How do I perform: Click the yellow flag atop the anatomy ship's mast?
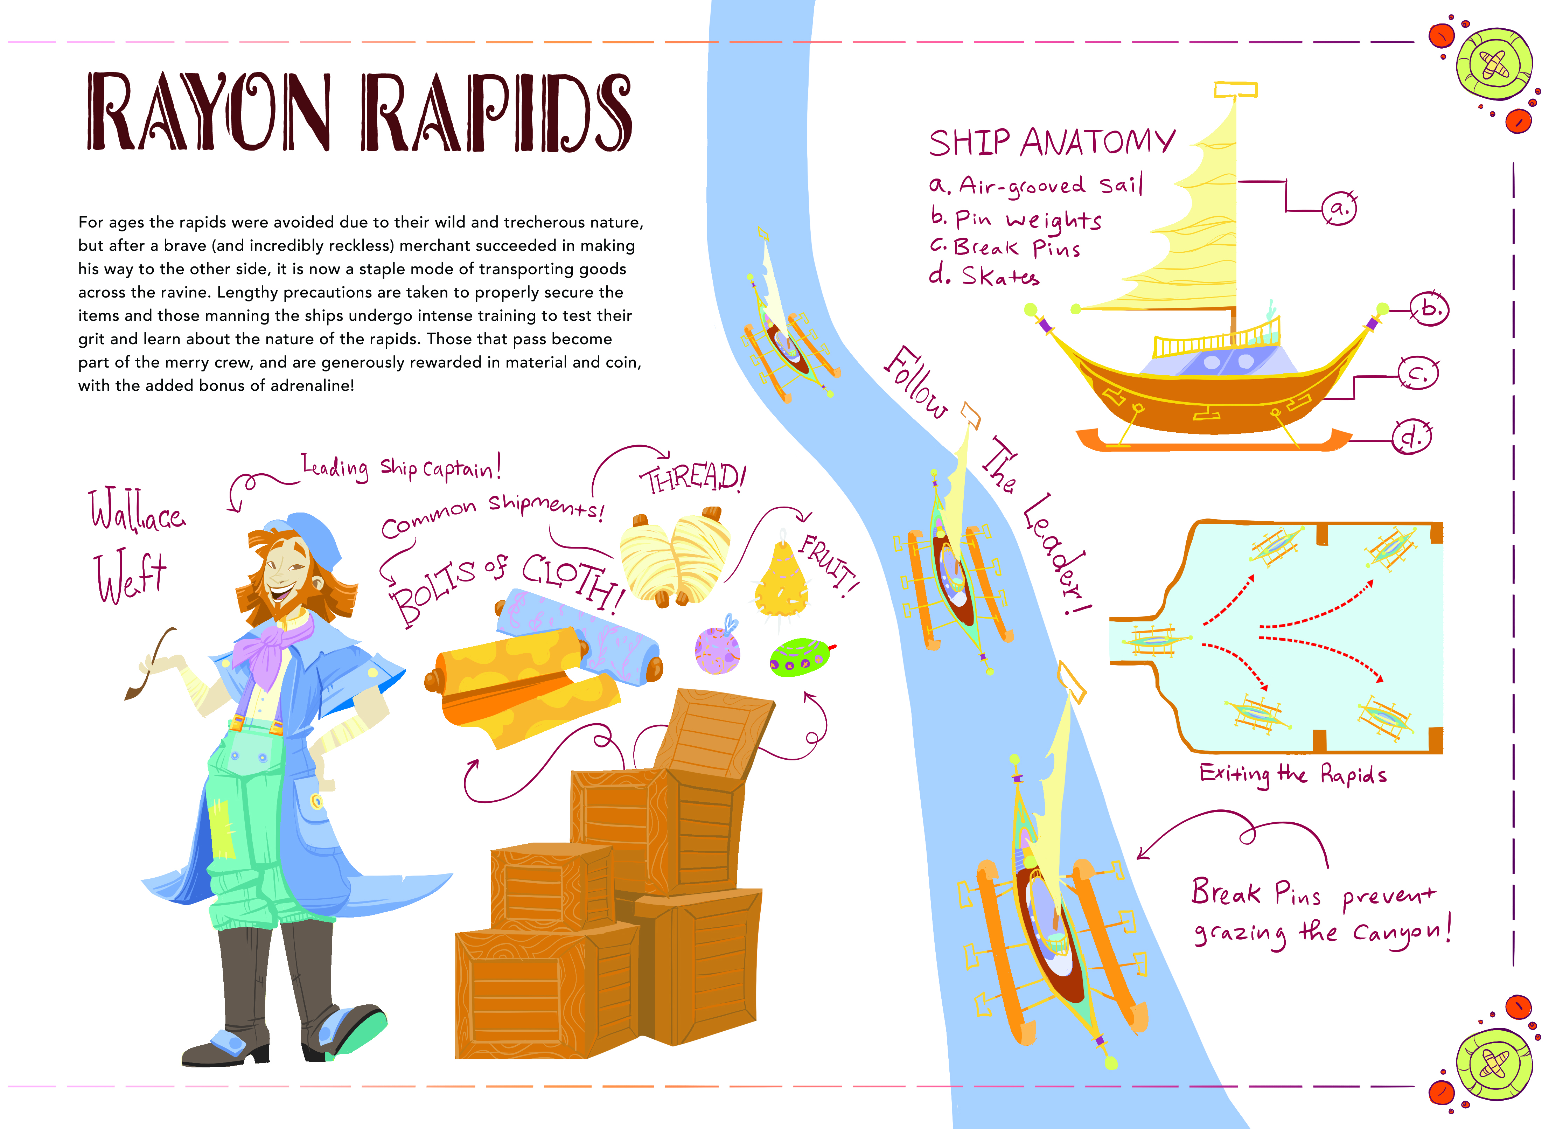pyautogui.click(x=1235, y=90)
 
